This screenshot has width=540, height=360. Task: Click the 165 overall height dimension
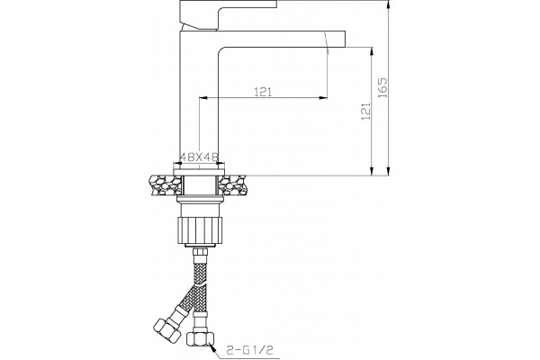[x=383, y=88]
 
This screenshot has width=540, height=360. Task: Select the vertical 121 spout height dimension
[x=366, y=111]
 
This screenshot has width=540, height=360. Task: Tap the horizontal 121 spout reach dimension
[x=263, y=92]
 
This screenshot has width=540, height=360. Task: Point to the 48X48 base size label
[x=200, y=157]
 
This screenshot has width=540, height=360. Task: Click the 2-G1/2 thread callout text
[x=250, y=350]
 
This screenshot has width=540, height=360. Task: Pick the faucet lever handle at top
[x=229, y=13]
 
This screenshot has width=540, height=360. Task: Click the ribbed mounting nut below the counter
[x=200, y=230]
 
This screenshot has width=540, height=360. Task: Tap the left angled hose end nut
[x=166, y=330]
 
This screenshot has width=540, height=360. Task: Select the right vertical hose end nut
[x=201, y=339]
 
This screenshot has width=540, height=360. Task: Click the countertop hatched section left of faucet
[x=165, y=185]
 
